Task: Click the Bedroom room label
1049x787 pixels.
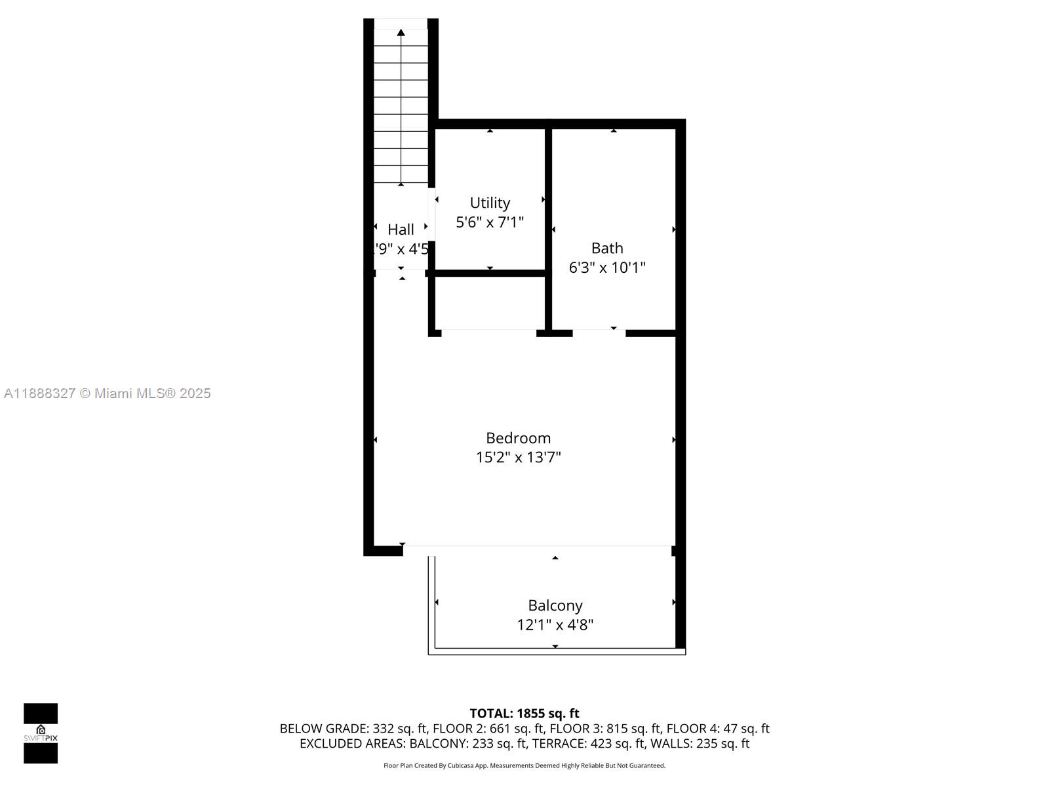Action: [x=518, y=438]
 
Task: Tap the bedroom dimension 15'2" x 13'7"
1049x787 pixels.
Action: [x=518, y=458]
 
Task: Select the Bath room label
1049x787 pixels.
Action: [x=607, y=248]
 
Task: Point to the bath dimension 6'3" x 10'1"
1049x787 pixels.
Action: [x=607, y=268]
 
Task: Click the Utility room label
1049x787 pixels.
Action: [x=490, y=203]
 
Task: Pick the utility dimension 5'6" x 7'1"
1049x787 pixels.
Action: [x=490, y=222]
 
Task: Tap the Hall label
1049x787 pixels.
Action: [x=401, y=230]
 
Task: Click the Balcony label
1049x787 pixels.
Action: [x=555, y=605]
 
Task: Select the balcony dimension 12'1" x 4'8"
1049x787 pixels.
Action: [x=555, y=625]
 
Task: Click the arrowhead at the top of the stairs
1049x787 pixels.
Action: [x=401, y=32]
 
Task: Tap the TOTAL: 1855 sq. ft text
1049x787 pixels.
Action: [x=524, y=714]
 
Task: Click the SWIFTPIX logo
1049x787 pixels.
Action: [x=41, y=733]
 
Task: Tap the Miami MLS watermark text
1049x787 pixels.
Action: [x=108, y=393]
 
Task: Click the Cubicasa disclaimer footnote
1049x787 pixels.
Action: [x=524, y=765]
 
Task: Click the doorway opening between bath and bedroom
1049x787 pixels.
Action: [x=599, y=333]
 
